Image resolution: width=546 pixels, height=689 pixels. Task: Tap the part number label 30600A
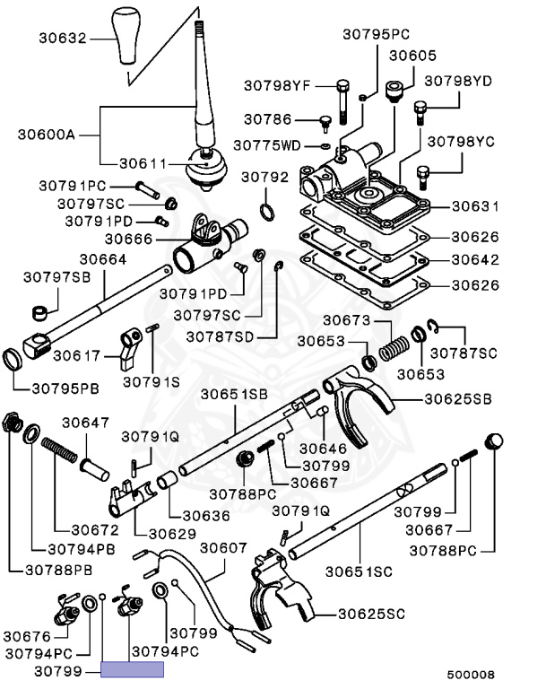click(x=45, y=136)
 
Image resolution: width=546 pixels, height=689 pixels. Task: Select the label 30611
click(x=145, y=164)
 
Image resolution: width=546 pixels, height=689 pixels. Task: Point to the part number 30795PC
click(x=376, y=34)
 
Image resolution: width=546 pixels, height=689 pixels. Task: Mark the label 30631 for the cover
click(x=474, y=206)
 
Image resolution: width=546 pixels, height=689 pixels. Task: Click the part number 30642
click(x=474, y=261)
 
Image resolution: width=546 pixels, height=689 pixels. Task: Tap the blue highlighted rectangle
click(x=132, y=669)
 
